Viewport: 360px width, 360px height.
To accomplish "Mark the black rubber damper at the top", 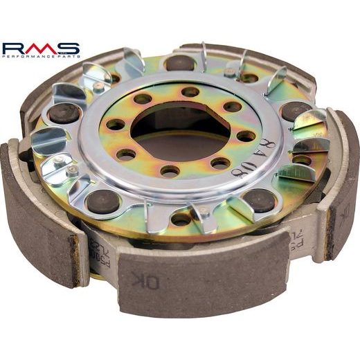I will (179, 63).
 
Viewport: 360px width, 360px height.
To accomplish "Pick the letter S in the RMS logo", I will (69, 49).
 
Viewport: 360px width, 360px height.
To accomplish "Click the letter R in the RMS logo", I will (14, 49).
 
